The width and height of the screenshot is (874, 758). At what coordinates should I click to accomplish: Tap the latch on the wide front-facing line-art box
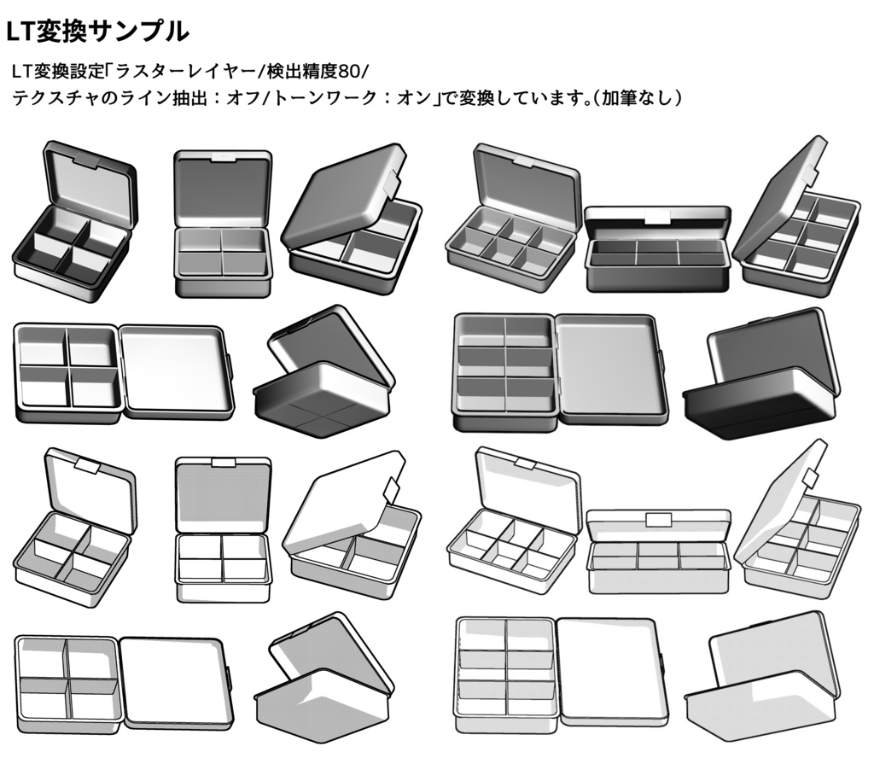click(x=658, y=520)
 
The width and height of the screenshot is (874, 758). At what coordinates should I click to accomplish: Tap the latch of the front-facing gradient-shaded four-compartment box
click(x=224, y=158)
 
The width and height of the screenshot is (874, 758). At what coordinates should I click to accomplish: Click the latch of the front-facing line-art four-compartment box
click(x=224, y=463)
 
